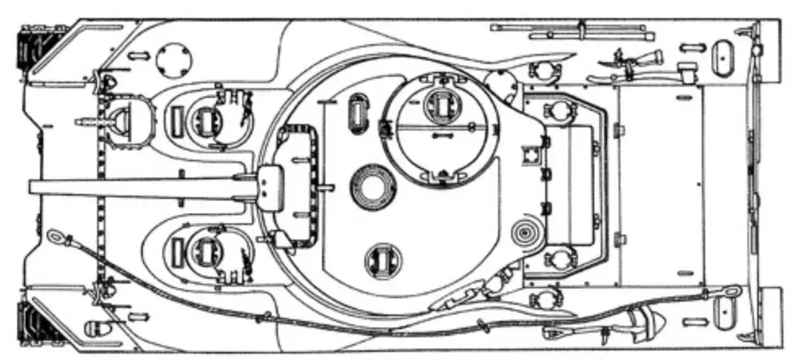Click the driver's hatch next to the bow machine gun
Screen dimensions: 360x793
click(206, 119)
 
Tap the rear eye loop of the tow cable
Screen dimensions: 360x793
click(730, 292)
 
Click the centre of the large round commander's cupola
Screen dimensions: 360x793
click(440, 129)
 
